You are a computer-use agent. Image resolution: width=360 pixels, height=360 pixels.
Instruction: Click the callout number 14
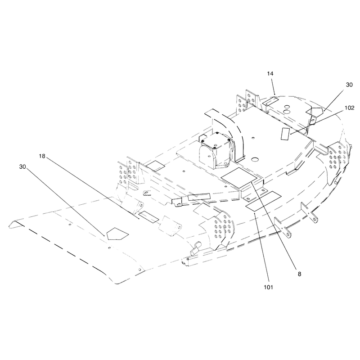pos(270,73)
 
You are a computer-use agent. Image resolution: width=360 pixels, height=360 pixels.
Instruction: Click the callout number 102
pos(350,108)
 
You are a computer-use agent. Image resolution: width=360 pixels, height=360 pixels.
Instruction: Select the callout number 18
pos(42,156)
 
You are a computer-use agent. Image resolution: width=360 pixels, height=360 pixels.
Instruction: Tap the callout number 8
pos(299,274)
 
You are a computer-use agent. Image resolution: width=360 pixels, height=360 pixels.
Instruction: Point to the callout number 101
pos(268,287)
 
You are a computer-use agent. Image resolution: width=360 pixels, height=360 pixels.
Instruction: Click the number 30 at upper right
pos(349,85)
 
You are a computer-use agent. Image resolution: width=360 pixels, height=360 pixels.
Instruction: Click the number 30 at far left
pos(22,166)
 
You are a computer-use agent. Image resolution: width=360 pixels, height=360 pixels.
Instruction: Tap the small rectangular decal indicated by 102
pos(285,134)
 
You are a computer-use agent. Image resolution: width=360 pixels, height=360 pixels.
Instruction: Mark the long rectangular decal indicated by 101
pos(263,201)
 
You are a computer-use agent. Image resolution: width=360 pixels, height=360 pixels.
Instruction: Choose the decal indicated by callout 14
pos(270,100)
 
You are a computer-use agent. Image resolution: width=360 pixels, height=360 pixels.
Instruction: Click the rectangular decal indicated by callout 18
pos(148,217)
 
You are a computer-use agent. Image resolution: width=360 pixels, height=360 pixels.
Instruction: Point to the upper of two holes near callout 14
pos(287,107)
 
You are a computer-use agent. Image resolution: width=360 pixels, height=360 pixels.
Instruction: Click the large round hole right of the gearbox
pos(255,159)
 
